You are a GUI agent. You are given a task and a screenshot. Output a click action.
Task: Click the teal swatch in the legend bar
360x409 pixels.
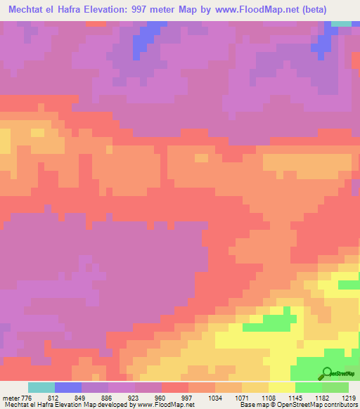41,387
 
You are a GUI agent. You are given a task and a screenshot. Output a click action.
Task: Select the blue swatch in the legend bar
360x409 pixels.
68,387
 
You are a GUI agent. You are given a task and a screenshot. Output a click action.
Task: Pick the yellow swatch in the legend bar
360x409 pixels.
282,387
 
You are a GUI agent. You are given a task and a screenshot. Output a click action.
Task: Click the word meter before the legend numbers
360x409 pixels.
11,397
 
